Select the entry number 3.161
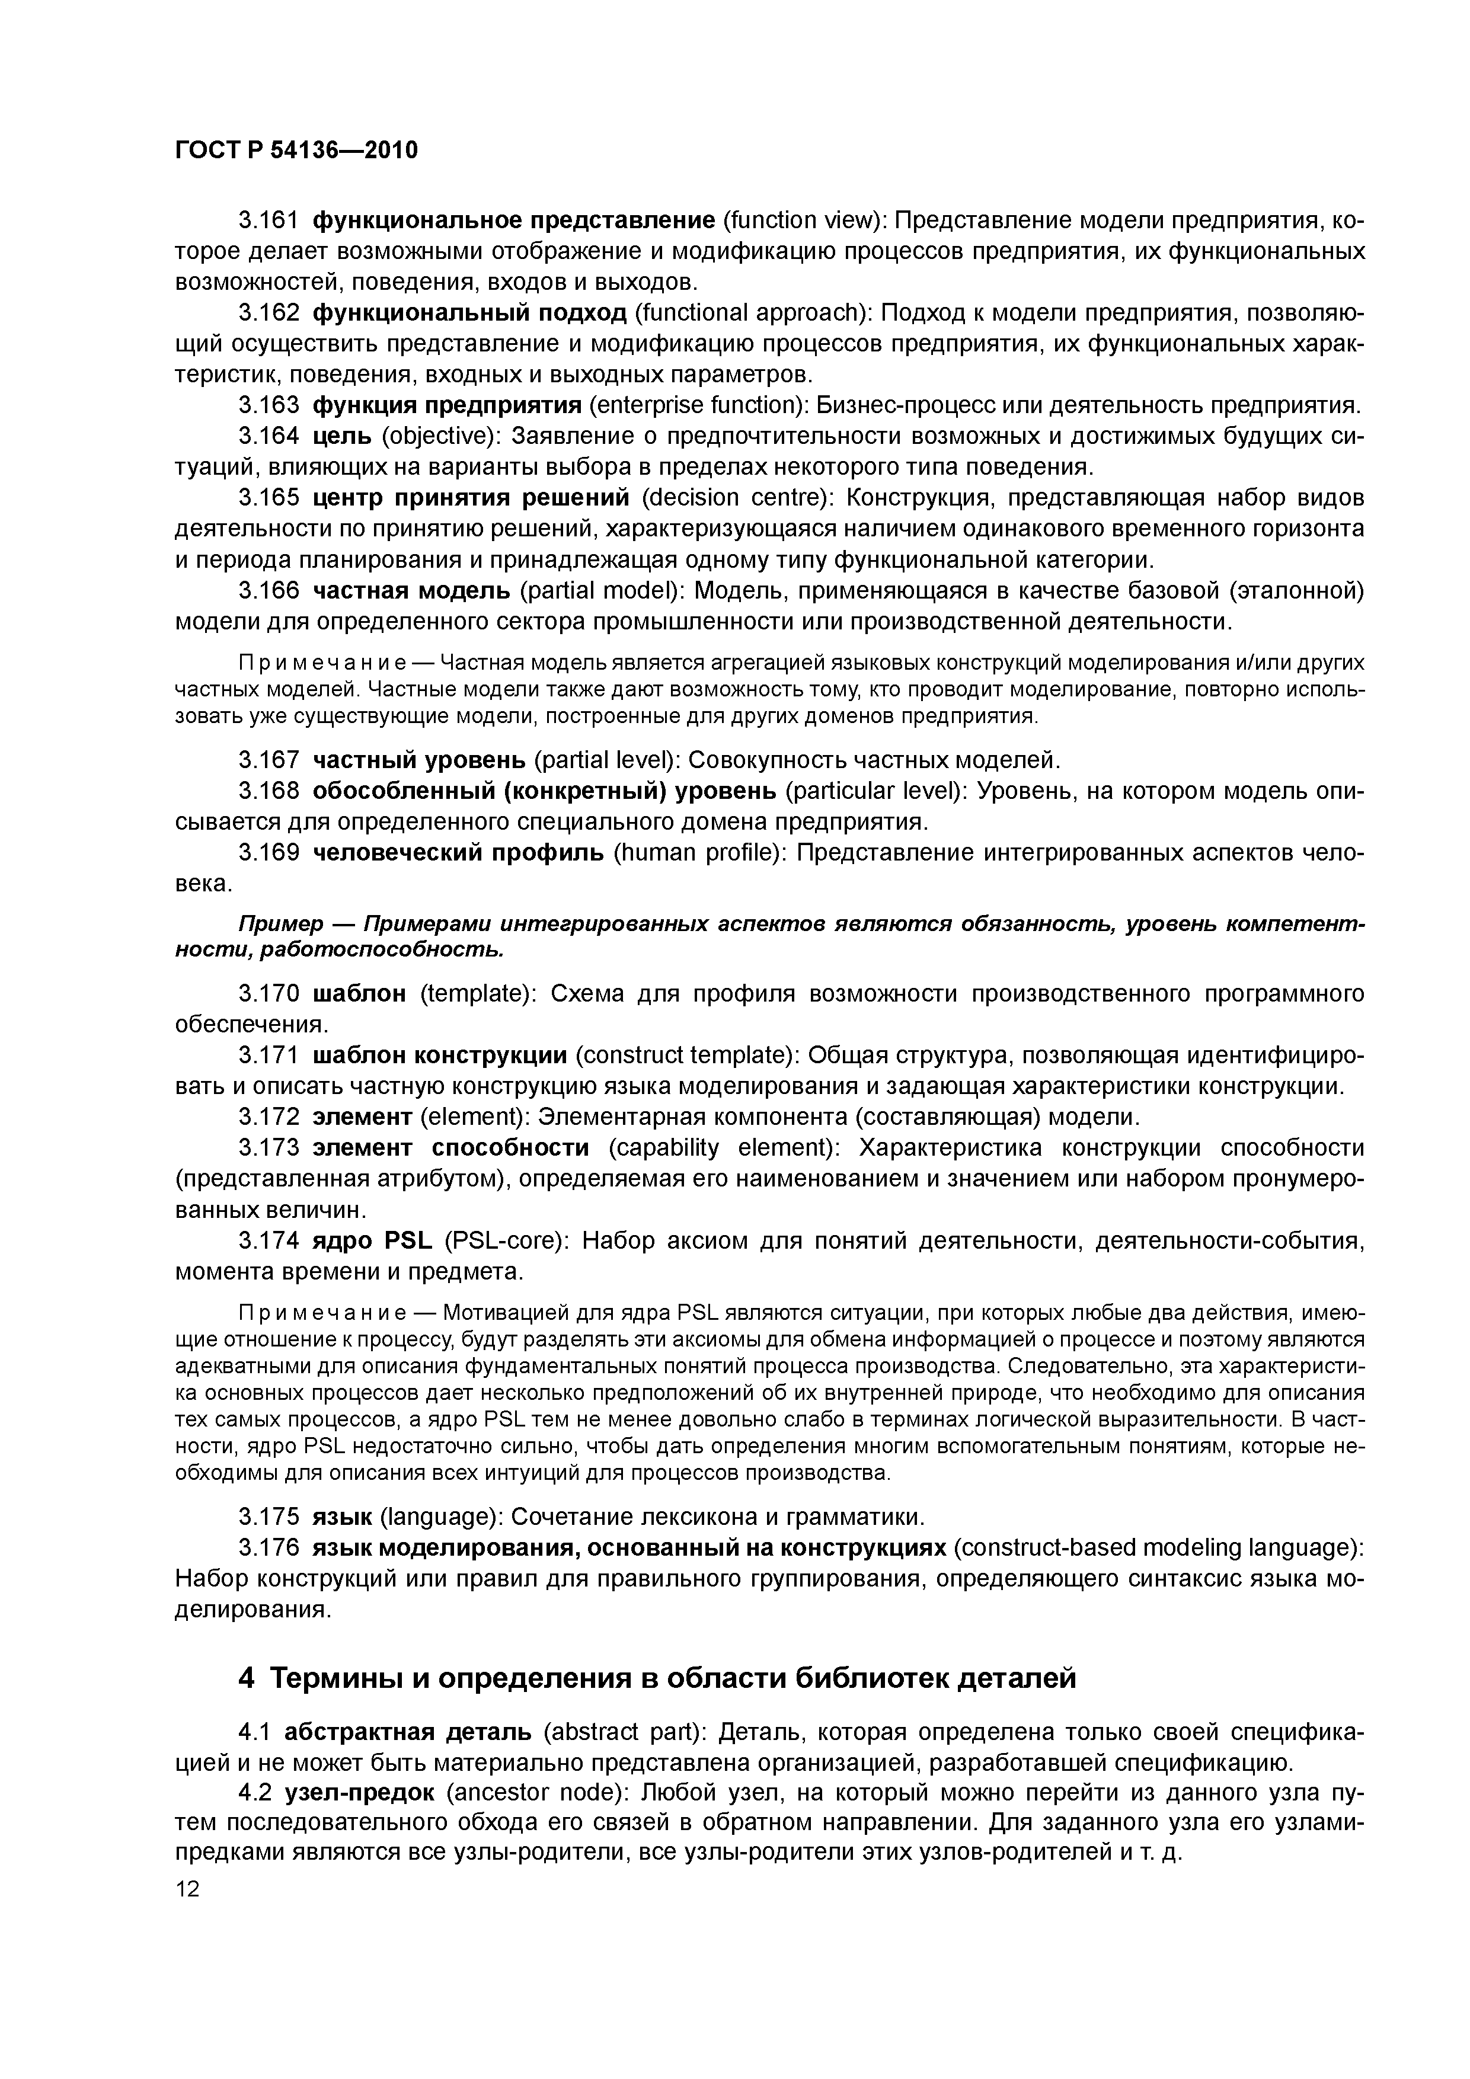(268, 221)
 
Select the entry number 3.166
(268, 591)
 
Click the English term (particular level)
(876, 791)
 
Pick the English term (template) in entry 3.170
(479, 994)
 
